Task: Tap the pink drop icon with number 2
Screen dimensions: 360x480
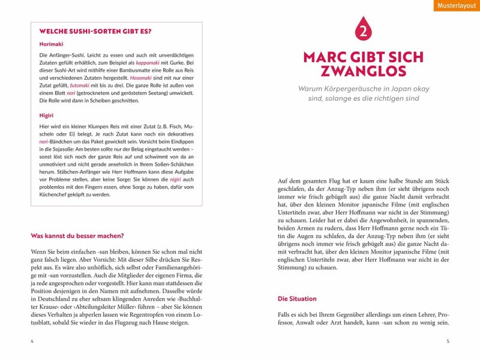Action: (x=363, y=29)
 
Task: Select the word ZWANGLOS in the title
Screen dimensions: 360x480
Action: (x=363, y=72)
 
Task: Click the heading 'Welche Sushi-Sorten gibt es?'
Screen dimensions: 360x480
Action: (x=95, y=31)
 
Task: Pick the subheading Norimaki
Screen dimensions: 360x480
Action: (x=51, y=44)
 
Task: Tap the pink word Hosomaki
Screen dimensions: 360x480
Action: (x=141, y=78)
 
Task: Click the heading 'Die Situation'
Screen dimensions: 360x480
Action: (x=297, y=299)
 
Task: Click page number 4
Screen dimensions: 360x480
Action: (x=32, y=341)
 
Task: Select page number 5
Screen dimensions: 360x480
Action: (x=448, y=341)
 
